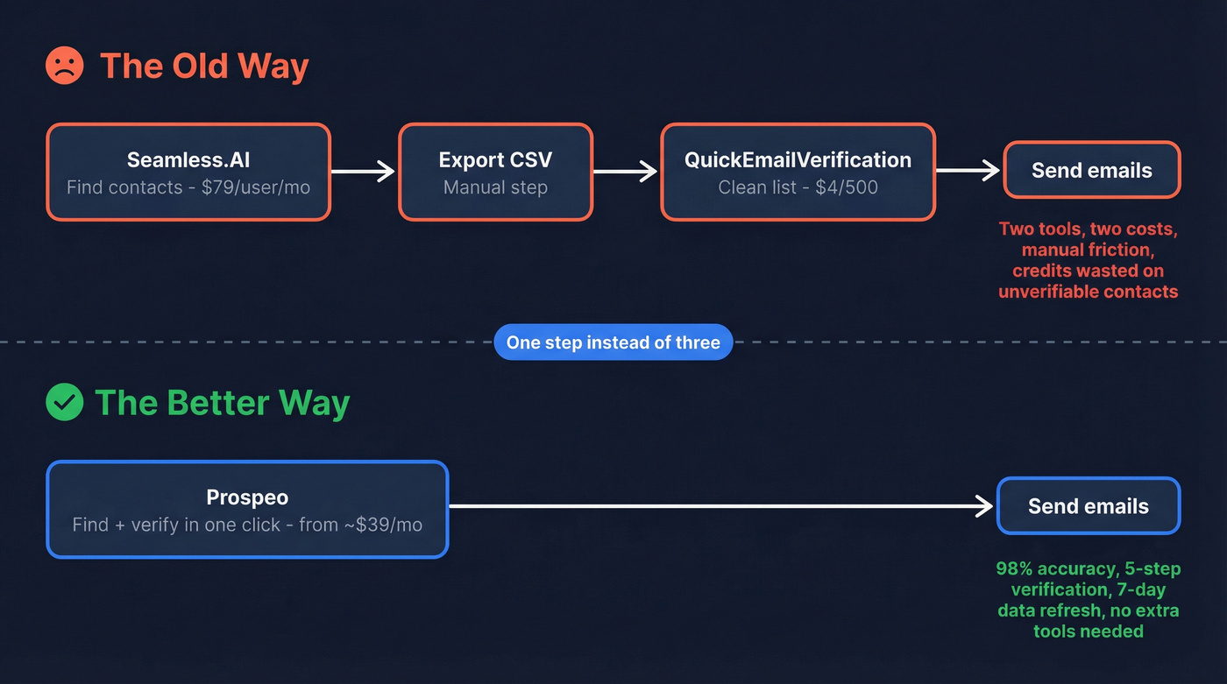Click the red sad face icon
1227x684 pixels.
[x=64, y=67]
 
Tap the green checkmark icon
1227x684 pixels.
[x=64, y=403]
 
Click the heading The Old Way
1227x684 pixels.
[x=204, y=67]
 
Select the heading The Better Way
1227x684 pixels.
[x=222, y=403]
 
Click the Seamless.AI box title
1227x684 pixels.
[x=188, y=159]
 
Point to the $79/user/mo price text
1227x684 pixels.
[x=263, y=187]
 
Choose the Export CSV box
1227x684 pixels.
[x=495, y=172]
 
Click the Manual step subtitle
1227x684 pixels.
[x=495, y=187]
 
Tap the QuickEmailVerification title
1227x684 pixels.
[x=798, y=159]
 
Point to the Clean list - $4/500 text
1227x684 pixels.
[x=798, y=187]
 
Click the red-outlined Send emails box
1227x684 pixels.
[x=1091, y=171]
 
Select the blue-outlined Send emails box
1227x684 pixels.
[x=1089, y=506]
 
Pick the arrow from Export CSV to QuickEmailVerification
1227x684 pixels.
[x=626, y=172]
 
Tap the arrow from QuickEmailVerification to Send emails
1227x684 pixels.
[x=968, y=171]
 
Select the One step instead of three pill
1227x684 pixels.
[x=613, y=342]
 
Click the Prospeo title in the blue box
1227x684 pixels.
[x=247, y=497]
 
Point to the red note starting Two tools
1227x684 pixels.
[x=1089, y=260]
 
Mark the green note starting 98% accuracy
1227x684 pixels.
[x=1088, y=599]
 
